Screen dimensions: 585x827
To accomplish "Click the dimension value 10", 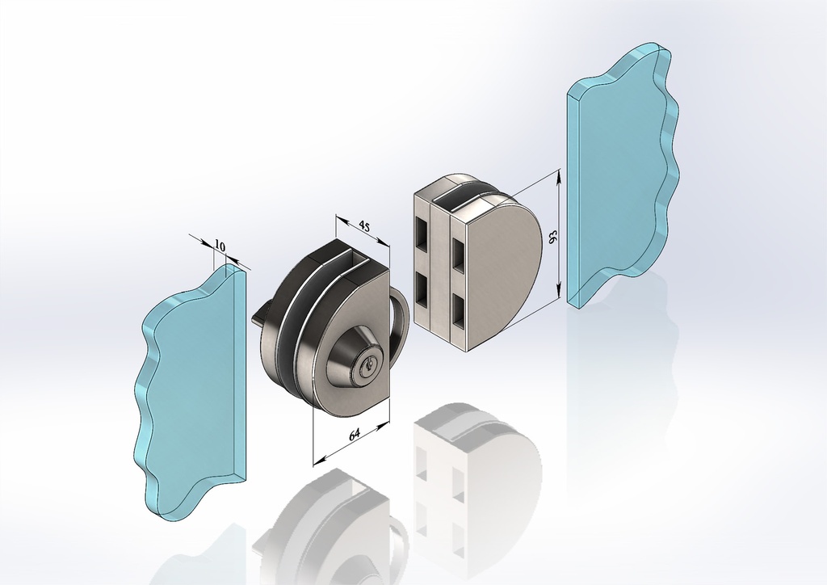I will (220, 245).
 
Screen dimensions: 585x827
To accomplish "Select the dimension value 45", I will (364, 227).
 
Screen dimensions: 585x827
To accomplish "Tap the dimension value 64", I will (354, 435).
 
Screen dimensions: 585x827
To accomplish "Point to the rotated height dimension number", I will (553, 236).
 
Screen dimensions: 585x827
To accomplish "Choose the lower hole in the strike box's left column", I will (424, 288).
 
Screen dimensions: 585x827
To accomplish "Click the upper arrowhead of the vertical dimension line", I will (559, 175).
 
